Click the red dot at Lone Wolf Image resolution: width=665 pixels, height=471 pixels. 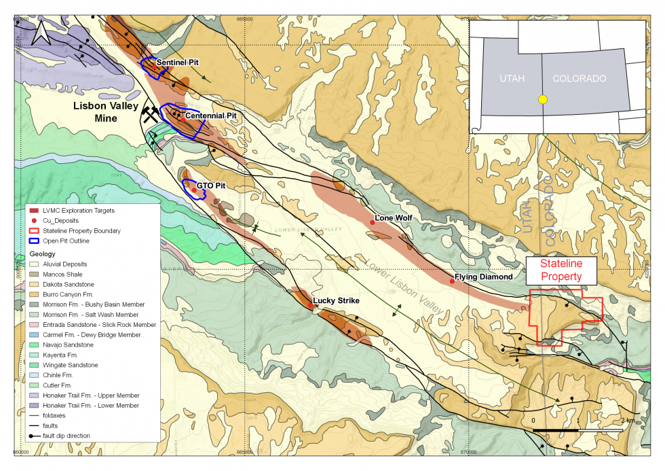[x=372, y=223]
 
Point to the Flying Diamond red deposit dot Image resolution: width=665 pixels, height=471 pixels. [x=452, y=281]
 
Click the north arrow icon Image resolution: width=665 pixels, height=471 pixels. [x=40, y=31]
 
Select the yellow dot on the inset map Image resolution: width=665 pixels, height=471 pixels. [x=542, y=99]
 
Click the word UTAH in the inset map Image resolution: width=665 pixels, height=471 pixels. [x=512, y=79]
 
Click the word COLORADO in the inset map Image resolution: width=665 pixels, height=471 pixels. [x=579, y=79]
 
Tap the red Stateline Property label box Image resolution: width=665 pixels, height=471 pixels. [x=560, y=271]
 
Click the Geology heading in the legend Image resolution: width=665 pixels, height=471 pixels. [x=43, y=254]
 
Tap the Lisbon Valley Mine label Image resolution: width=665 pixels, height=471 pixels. [x=106, y=112]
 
